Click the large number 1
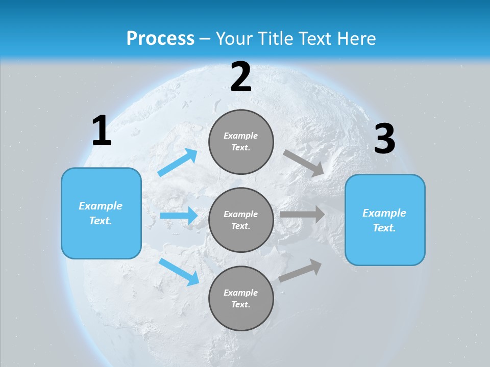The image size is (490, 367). [x=102, y=131]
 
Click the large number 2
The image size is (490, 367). [x=241, y=77]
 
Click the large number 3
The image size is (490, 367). [x=384, y=139]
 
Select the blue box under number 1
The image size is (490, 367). [x=101, y=213]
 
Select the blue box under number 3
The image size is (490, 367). [x=385, y=220]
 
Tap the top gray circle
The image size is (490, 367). [x=241, y=142]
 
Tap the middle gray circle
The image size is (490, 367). [x=241, y=220]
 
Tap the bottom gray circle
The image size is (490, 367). [x=241, y=299]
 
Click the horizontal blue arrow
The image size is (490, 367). [x=179, y=216]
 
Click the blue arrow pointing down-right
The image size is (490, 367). [x=179, y=272]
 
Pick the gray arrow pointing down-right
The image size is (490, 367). [x=304, y=164]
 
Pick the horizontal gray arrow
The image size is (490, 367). [x=302, y=215]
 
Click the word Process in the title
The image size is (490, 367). [x=160, y=38]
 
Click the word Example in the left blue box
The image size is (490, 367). [x=101, y=206]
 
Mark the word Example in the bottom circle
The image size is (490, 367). [x=241, y=293]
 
